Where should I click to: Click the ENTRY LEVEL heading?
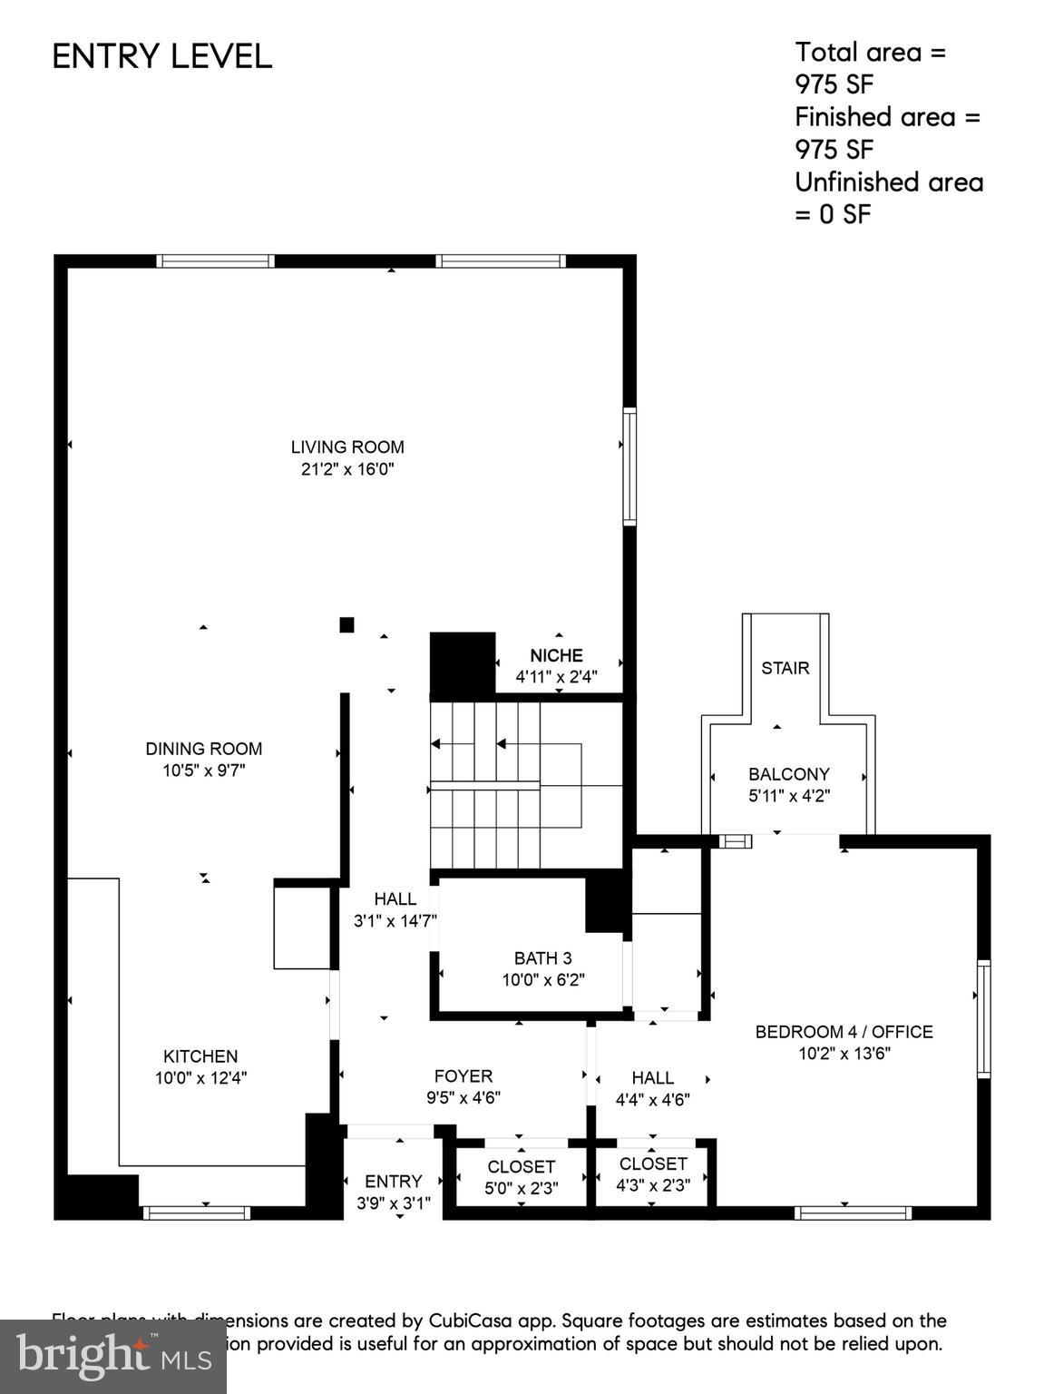tap(161, 56)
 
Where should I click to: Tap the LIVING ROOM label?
tap(347, 447)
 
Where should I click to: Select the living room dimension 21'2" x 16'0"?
tap(347, 469)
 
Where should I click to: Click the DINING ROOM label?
tap(204, 749)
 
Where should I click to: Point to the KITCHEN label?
tap(200, 1056)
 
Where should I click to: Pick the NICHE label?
tap(556, 655)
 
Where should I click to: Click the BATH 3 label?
tap(543, 957)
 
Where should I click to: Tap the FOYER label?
tap(463, 1076)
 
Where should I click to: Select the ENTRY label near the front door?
tap(393, 1181)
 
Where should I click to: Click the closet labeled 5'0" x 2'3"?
tap(521, 1177)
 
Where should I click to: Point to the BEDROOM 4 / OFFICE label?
tap(844, 1032)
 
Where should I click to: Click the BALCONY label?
tap(788, 774)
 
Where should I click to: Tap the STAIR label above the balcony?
tap(785, 668)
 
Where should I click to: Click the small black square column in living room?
tap(346, 624)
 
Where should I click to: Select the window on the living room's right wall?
tap(629, 466)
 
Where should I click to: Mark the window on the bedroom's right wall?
tap(983, 1018)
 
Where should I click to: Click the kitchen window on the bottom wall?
tap(197, 1212)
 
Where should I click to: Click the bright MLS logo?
tap(112, 1357)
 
